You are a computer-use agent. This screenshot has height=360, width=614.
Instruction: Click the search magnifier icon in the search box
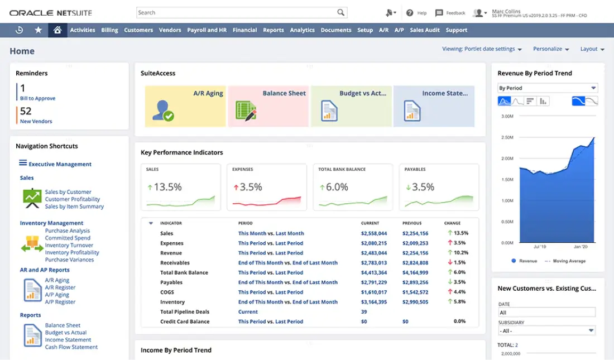340,12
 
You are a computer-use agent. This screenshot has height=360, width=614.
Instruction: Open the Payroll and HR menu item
207,30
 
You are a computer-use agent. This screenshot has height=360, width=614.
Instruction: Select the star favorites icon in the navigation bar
38,30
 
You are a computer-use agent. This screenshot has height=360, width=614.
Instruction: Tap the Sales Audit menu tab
425,30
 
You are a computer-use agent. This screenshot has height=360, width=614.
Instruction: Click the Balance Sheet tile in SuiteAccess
268,106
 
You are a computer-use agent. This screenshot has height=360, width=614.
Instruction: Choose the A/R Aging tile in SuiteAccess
186,106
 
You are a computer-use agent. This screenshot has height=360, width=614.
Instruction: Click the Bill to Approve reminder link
37,98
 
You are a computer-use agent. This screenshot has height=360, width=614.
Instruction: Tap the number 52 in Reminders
26,111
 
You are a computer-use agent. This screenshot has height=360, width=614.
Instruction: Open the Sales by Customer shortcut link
68,192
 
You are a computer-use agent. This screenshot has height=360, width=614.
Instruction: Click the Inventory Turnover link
69,246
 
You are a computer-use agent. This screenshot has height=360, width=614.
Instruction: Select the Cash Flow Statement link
71,347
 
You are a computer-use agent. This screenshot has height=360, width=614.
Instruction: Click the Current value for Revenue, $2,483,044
374,253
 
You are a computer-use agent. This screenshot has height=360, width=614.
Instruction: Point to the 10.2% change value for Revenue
460,253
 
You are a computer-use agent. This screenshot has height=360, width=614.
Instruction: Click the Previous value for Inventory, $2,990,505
415,302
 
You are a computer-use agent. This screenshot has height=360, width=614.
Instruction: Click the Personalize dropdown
550,49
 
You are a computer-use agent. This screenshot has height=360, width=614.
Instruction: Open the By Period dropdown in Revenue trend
547,88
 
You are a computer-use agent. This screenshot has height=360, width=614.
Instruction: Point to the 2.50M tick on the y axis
507,137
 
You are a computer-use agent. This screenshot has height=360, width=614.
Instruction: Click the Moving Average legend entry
568,261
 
